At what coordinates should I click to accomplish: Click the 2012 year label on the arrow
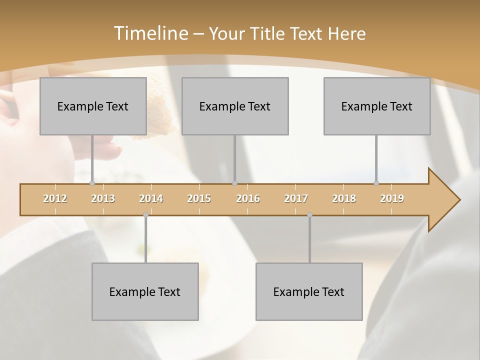coord(55,198)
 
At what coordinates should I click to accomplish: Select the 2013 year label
coord(103,198)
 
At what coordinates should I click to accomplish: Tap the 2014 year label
coord(151,198)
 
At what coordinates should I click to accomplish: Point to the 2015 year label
coord(199,198)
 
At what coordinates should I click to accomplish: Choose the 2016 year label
coord(248,198)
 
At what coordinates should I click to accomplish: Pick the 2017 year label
coord(296,198)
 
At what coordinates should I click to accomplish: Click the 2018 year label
coord(344,198)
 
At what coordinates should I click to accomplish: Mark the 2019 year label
coord(392,198)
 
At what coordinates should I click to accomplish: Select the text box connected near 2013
coord(93,106)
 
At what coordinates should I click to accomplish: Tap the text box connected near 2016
coord(235,106)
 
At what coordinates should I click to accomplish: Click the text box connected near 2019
coord(377,106)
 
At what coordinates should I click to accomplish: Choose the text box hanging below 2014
coord(145,291)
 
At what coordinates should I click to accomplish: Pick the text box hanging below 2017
coord(309,291)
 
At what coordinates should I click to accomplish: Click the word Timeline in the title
coord(150,33)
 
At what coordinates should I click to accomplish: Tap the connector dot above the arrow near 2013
coord(92,183)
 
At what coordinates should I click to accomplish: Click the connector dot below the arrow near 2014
coord(145,214)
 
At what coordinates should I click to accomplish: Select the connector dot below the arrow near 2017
coord(309,214)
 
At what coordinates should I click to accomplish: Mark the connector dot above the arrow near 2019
coord(376,183)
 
